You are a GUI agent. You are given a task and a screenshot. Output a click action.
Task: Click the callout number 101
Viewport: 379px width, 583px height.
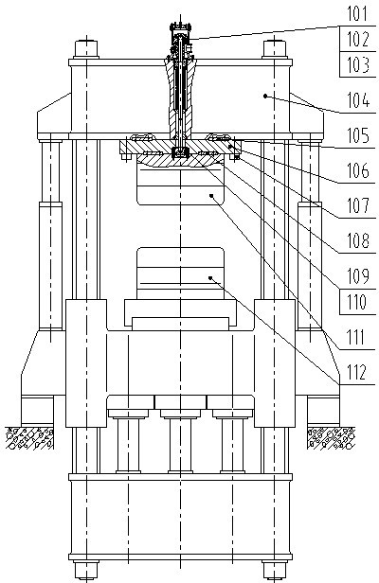357,14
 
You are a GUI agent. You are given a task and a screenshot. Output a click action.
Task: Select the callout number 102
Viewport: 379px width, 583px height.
358,39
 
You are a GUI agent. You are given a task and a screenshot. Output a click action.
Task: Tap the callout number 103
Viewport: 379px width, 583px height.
358,64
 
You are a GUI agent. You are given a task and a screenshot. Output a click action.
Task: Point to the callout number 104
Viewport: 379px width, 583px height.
358,100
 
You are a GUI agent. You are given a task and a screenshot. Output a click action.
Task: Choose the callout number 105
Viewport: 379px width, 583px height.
358,135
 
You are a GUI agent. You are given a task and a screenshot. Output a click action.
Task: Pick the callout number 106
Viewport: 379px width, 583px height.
358,171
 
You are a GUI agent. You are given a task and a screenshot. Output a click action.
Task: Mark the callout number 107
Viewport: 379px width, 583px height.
358,205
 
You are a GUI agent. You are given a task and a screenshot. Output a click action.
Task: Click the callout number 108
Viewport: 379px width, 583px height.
358,240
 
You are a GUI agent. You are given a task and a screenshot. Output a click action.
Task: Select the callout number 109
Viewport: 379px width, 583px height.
358,276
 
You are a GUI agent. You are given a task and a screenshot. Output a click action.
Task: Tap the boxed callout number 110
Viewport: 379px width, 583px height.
356,302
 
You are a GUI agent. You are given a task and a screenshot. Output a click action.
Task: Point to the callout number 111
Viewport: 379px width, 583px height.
356,338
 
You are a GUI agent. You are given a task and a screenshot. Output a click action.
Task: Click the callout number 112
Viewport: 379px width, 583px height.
356,372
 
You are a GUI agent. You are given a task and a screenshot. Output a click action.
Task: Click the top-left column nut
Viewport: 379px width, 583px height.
86,48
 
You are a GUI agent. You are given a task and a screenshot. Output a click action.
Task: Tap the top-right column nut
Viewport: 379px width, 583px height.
275,48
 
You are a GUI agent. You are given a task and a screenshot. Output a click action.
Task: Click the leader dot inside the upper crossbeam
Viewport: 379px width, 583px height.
265,96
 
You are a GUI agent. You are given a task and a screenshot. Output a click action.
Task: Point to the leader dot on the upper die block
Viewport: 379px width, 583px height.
211,194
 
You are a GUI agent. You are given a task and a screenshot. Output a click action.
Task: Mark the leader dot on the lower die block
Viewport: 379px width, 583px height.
210,277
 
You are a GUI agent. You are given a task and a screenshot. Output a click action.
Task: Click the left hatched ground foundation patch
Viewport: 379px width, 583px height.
29,438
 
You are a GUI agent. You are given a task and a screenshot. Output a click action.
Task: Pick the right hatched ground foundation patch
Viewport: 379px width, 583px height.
331,438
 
